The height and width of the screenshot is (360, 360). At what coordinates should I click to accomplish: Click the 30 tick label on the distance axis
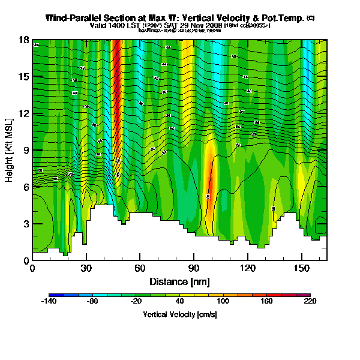point(86,268)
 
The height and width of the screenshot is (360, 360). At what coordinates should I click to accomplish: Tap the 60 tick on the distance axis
point(140,268)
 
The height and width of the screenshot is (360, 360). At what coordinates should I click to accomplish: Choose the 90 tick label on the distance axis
point(193,268)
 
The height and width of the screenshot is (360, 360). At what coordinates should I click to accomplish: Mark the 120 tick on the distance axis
point(247,268)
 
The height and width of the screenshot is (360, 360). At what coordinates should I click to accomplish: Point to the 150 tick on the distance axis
point(301,268)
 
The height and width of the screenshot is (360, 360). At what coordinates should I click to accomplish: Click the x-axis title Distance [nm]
point(179,281)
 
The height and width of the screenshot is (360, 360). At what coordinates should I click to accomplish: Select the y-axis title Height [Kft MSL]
point(10,150)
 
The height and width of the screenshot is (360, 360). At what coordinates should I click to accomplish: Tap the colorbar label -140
point(48,301)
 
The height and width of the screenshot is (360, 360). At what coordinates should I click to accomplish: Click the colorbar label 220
point(310,301)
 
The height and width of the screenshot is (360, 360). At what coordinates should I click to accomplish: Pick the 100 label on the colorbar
point(223,301)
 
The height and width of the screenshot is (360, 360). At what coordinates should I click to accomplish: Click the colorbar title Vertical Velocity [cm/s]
point(179,314)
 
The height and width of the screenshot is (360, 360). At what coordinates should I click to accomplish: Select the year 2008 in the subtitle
point(214,26)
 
